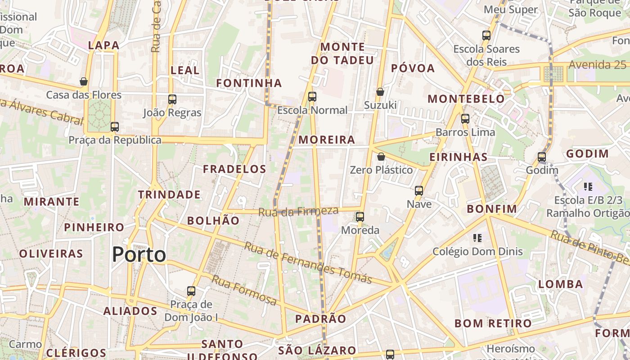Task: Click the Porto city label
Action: tap(139, 255)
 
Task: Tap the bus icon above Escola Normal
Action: tap(312, 96)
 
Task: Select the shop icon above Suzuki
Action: tap(380, 92)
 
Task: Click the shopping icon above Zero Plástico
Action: tap(381, 157)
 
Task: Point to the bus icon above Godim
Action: tap(542, 157)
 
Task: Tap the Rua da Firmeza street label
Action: tap(298, 211)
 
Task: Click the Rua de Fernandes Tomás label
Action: tap(308, 263)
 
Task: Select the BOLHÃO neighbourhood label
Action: tap(213, 220)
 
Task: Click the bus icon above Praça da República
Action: tap(115, 127)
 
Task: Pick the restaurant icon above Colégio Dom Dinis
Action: tap(477, 238)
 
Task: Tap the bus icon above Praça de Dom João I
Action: tap(191, 291)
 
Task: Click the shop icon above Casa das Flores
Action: tap(84, 81)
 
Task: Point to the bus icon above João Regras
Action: tap(172, 99)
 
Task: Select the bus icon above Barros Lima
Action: tap(465, 119)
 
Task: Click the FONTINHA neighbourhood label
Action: tap(249, 83)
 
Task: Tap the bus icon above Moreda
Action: tap(360, 217)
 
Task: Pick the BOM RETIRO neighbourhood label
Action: tap(493, 323)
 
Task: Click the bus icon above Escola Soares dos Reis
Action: tap(486, 35)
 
